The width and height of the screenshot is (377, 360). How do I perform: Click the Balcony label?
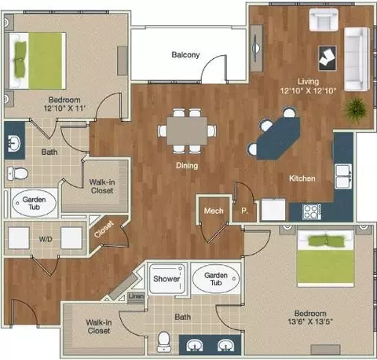185,55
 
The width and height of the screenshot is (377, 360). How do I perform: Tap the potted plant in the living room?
355,109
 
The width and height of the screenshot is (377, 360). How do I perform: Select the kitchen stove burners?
312,211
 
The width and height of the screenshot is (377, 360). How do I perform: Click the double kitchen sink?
343,176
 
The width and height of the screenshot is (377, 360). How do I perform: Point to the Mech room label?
214,211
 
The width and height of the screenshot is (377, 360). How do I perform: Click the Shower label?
167,278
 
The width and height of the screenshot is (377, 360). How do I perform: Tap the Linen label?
136,296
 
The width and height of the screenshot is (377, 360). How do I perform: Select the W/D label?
46,239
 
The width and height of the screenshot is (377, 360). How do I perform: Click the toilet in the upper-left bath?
17,173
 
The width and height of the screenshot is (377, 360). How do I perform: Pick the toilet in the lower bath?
164,341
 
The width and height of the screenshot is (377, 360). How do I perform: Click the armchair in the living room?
324,20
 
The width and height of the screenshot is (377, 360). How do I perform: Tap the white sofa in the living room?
357,59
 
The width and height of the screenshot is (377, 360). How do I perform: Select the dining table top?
187,130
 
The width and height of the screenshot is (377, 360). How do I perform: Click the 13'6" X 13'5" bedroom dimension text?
310,321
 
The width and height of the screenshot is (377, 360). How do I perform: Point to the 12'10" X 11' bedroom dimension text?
64,108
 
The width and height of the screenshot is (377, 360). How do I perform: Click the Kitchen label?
302,178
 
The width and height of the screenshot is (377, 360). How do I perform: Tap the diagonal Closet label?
104,229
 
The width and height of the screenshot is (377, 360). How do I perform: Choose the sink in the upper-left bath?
14,143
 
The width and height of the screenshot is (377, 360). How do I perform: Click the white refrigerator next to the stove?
273,210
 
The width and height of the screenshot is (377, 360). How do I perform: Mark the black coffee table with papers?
328,58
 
